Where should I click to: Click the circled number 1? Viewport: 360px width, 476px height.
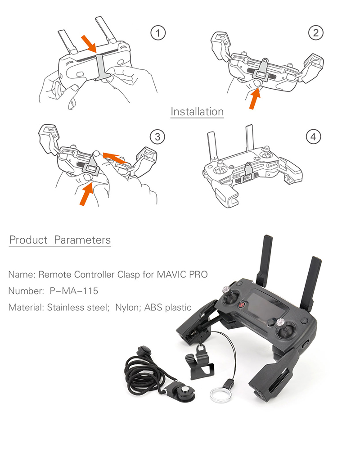click(x=157, y=32)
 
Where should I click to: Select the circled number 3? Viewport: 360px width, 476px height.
click(x=157, y=136)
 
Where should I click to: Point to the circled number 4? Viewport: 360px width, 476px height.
click(x=313, y=136)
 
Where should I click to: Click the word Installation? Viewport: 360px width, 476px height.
click(x=197, y=111)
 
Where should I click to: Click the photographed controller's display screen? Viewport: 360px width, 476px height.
click(x=265, y=306)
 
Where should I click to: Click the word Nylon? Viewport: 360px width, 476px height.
click(x=128, y=308)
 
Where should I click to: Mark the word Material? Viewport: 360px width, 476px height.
click(x=25, y=308)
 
